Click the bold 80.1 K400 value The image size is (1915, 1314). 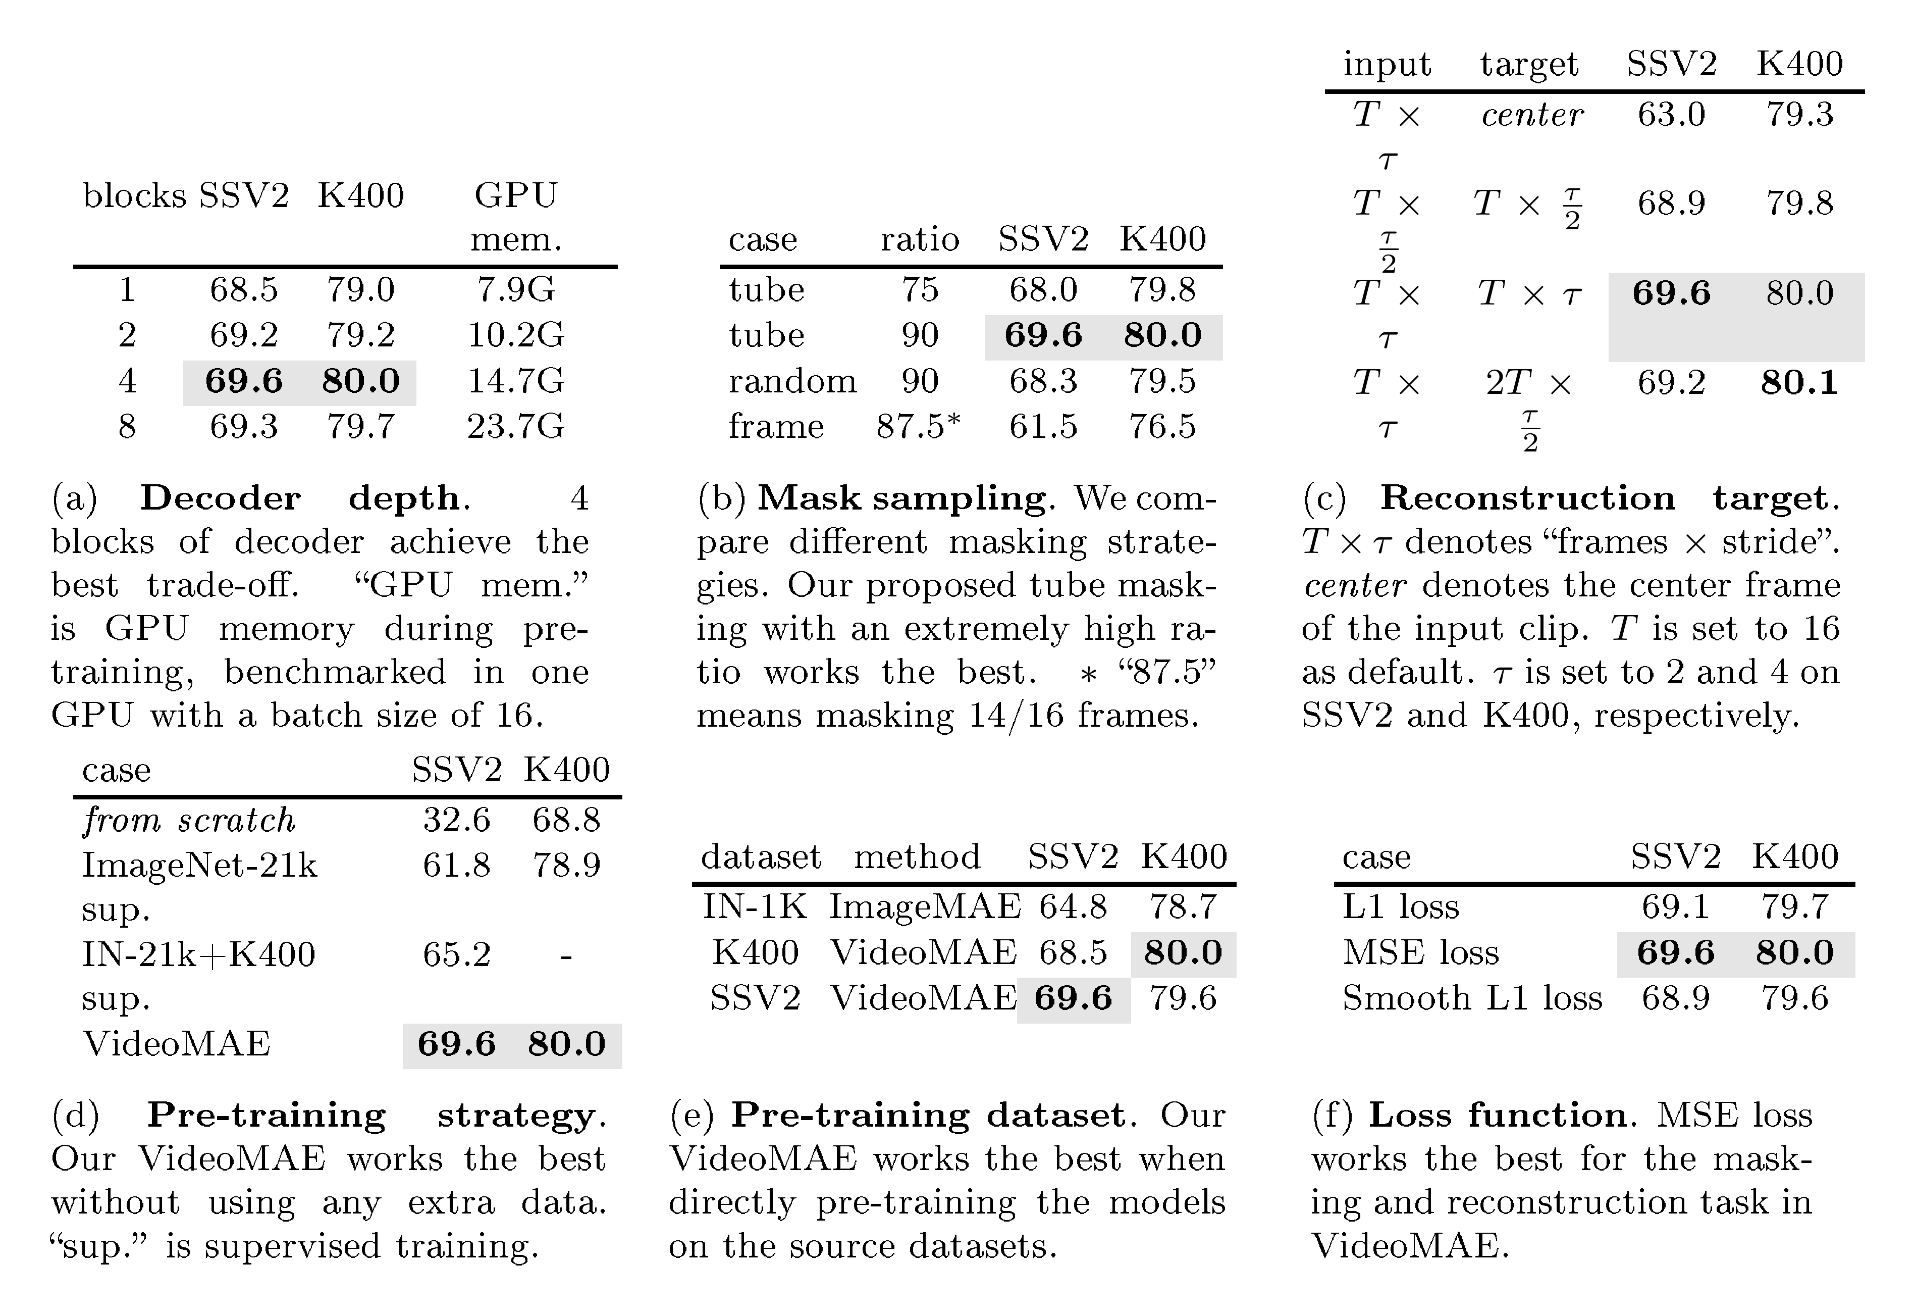click(x=1799, y=382)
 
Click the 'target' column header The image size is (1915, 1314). click(x=1528, y=64)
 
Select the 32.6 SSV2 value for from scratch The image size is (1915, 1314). click(x=456, y=820)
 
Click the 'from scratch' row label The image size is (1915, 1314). click(x=189, y=820)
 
